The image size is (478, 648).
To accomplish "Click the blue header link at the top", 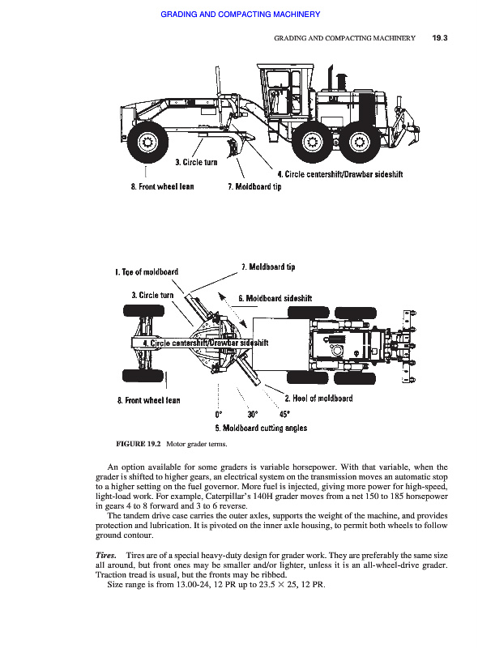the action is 241,15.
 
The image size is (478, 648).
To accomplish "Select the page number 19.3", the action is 440,38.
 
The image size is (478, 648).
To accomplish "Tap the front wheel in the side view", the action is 147,143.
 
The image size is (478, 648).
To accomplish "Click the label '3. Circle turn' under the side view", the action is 196,162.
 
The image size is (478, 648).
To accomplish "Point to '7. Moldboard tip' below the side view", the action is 254,187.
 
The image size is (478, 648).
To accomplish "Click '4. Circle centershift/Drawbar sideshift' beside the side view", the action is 340,174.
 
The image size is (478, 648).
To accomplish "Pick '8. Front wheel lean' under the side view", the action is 162,187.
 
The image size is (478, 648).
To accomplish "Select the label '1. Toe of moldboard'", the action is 147,272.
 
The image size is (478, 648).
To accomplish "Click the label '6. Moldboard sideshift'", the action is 275,298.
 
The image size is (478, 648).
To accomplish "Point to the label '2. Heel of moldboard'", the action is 318,399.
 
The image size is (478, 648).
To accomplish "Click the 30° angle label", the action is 253,414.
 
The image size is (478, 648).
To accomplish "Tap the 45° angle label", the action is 284,414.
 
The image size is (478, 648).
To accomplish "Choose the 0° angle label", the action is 218,414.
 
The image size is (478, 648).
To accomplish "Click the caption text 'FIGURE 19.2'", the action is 138,444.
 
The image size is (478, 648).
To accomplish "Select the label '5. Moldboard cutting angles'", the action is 261,428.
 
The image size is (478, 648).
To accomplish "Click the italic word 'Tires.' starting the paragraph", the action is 106,555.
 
